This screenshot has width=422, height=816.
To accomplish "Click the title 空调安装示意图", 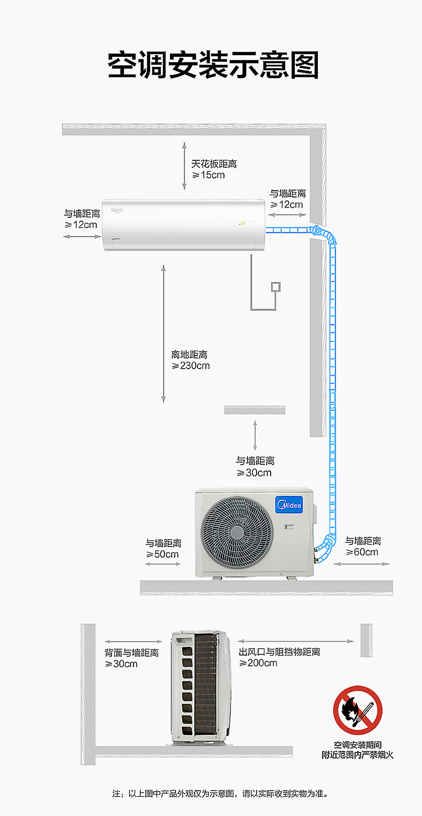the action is point(213,65).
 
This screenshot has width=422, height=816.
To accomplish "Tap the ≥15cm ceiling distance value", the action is point(209,175).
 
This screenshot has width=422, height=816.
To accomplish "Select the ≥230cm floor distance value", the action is point(191,366).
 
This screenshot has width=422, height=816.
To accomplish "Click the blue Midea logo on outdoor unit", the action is point(289,505).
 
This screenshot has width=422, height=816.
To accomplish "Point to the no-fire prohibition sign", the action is point(357,710).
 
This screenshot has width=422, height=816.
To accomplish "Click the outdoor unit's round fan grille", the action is point(237,532).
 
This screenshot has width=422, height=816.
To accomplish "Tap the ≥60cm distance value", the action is point(362,552).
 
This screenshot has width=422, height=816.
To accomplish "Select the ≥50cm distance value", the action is point(163,554).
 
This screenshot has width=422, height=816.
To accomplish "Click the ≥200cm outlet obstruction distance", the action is point(258,663).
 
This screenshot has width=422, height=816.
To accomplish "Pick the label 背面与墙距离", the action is point(132,652).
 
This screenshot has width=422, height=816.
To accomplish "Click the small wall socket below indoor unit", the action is point(276,287).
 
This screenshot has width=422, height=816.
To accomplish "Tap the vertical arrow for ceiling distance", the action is point(184,166).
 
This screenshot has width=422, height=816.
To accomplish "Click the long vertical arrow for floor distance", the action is point(164,334).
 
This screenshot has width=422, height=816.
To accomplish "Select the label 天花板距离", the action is point(214,164).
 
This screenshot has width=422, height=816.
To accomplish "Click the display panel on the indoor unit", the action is point(243,223).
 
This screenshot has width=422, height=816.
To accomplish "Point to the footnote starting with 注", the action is point(221,793).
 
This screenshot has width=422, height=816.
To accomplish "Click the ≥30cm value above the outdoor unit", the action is point(254,473).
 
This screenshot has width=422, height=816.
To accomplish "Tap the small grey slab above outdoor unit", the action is point(254,410).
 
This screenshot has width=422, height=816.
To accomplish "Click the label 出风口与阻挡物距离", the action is point(279,652).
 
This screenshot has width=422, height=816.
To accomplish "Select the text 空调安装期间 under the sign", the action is point(357,745).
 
